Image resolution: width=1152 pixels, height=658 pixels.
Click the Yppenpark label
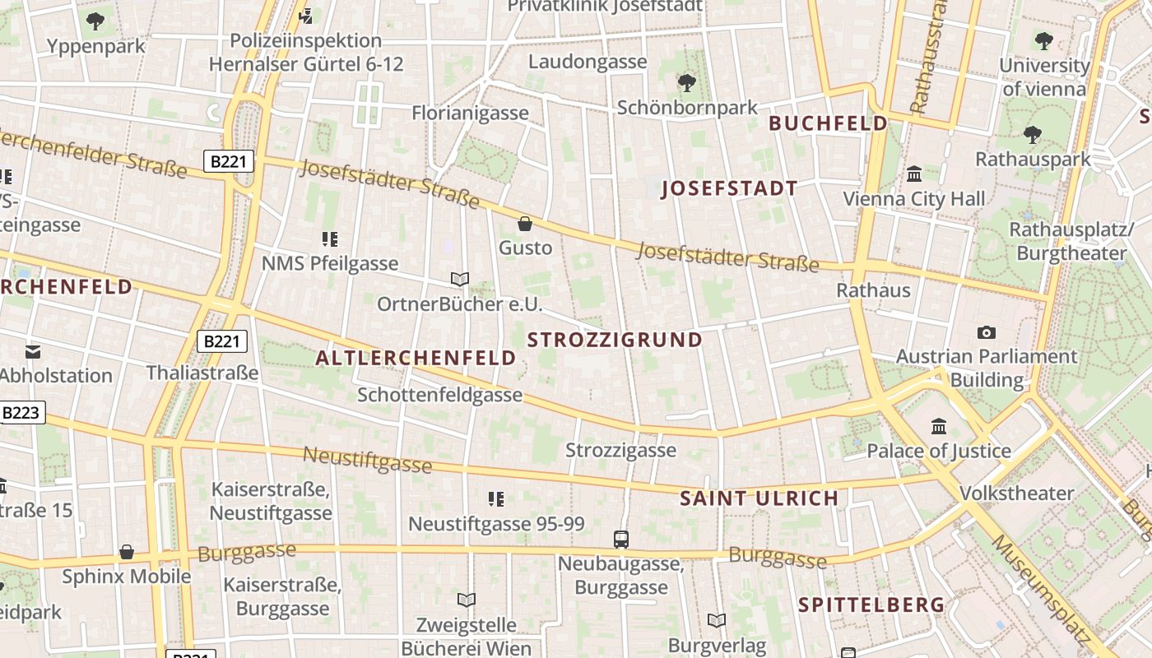coord(95,46)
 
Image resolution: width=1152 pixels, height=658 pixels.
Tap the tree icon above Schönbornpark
coord(686,82)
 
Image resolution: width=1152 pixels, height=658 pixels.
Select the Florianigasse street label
coord(470,113)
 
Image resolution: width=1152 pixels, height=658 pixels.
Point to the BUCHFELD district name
coord(828,124)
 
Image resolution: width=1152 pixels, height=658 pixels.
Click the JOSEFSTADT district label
coord(729,189)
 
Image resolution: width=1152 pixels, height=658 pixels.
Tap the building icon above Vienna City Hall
coord(913,174)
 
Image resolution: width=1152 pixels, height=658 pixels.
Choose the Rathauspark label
coord(1033,159)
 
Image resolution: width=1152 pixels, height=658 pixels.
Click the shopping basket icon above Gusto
coord(525,223)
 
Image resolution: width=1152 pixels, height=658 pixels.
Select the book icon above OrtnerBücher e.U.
coord(460,280)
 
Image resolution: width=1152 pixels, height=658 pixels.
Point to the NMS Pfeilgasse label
coord(329,263)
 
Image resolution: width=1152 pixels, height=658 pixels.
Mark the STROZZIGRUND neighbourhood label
coord(615,340)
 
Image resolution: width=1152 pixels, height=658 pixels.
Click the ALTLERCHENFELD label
coord(416,358)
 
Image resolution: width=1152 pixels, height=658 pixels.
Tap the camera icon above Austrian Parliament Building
coord(986,332)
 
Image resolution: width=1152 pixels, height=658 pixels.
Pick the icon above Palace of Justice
coord(938,426)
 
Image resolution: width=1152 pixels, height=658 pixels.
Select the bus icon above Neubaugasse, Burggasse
coord(621,540)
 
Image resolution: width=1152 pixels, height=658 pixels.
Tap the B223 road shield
coord(21,413)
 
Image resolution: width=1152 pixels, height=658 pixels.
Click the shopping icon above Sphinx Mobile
coord(126,552)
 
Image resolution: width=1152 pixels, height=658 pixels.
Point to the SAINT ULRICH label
coord(759,498)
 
